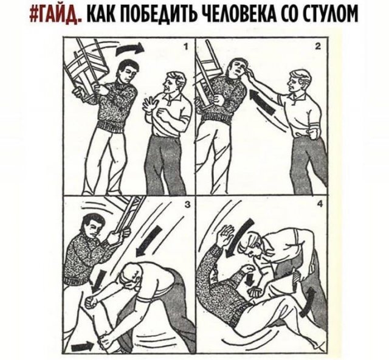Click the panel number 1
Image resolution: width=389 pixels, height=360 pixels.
point(186,47)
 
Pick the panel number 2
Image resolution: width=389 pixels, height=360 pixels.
point(318,47)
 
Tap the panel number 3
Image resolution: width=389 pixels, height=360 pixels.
point(187,205)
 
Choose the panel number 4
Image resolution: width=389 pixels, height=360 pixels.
point(320,204)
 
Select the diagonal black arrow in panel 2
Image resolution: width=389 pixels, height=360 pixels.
point(263,102)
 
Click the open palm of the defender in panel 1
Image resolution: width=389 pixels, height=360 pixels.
point(150,106)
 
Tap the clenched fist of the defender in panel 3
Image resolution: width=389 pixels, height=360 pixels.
point(91,300)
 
